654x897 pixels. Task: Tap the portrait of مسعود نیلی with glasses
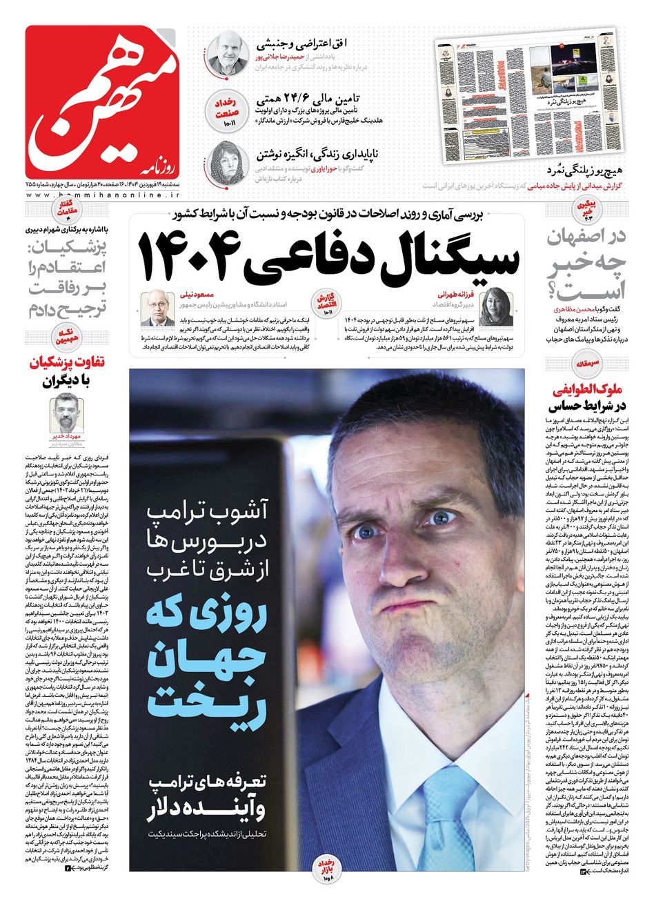157,308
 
